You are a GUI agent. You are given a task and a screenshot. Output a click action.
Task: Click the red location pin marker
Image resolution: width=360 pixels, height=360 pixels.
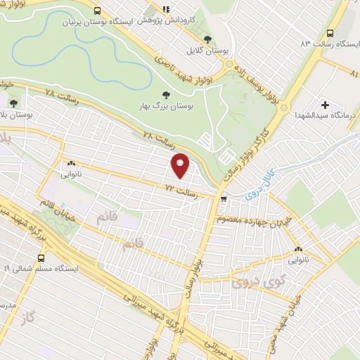(181, 166)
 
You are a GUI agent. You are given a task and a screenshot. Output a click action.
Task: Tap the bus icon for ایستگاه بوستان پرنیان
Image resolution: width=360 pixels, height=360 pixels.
(97, 11)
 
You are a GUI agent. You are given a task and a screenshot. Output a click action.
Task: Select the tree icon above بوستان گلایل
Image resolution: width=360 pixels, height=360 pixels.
(207, 39)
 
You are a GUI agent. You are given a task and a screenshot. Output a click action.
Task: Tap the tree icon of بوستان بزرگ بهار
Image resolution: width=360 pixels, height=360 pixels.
(166, 94)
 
